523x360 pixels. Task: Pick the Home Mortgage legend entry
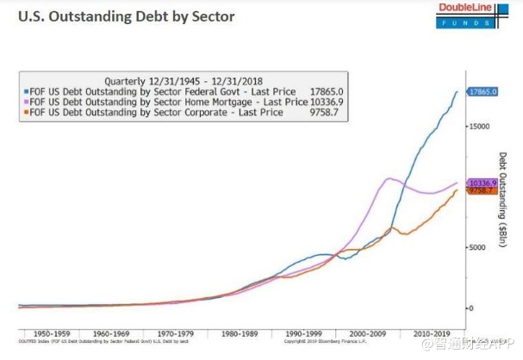point(165,101)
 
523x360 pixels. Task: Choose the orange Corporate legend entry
point(155,112)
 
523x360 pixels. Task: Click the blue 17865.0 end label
point(482,90)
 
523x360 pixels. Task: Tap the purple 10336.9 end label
point(483,183)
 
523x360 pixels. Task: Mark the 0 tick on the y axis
point(470,307)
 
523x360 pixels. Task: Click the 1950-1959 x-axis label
point(49,332)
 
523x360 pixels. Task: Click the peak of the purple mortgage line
point(389,178)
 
